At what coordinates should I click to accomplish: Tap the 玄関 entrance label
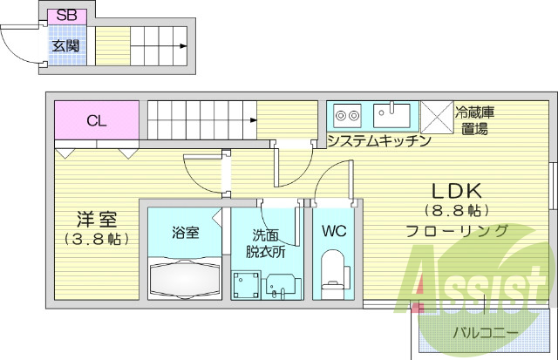pos(63,46)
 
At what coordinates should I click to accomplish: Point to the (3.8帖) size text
pos(96,238)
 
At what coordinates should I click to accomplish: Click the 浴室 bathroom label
pos(185,233)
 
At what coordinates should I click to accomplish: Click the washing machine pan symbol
pos(247,284)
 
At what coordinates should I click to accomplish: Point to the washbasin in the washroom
pos(281,285)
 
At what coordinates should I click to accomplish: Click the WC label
pos(334,232)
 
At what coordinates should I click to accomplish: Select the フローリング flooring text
pos(457,231)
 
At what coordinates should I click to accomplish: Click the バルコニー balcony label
pos(485,333)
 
